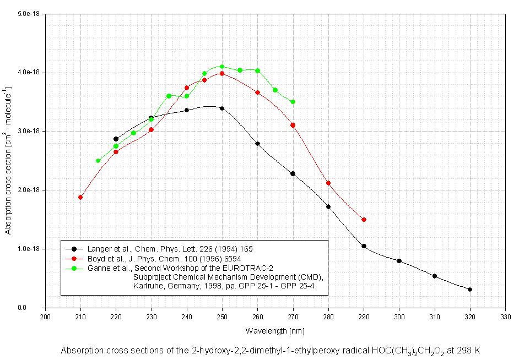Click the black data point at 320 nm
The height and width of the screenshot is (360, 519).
coord(470,290)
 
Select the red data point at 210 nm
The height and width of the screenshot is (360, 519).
coord(80,197)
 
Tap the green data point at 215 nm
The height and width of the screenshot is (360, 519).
coord(98,161)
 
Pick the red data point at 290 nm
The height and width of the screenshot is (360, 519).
coord(364,220)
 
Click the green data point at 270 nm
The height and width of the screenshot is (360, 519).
coord(293,102)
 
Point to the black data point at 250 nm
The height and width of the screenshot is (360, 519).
coord(222,108)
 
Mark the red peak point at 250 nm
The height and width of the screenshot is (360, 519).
coord(222,73)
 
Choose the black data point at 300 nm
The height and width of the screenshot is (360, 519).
coord(399,261)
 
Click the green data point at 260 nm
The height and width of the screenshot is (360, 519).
coord(257,70)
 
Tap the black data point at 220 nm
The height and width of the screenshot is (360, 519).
coord(116,139)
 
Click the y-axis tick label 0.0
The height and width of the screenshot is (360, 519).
coord(36,308)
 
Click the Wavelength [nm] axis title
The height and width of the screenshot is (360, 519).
coord(275,331)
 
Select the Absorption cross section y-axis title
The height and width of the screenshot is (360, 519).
coord(8,160)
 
